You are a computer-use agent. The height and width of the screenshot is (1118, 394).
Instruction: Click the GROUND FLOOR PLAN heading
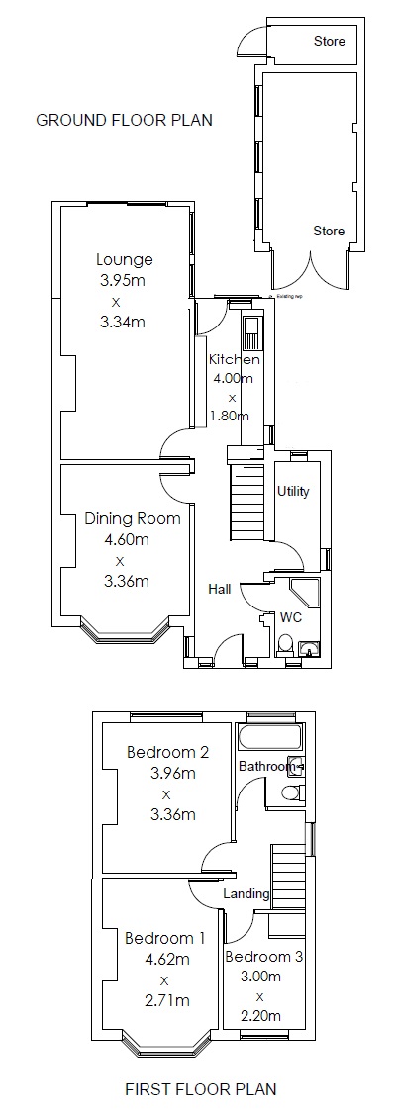[124, 120]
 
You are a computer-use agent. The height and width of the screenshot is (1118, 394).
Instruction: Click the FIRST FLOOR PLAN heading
[200, 1089]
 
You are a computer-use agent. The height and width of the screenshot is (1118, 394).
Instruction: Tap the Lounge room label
[125, 260]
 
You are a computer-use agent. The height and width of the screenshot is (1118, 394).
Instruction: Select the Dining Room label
[132, 519]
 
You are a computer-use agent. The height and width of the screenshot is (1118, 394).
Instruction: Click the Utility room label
[294, 492]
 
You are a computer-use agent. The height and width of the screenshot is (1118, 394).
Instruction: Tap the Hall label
[220, 589]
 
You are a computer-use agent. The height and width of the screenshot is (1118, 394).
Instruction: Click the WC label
[291, 615]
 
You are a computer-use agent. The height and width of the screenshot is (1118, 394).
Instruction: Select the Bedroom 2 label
[167, 753]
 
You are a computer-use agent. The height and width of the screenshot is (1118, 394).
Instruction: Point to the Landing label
[246, 893]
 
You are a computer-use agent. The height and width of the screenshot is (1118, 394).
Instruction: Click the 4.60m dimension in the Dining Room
[126, 540]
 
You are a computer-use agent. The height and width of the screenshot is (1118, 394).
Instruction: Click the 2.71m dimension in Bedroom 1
[165, 1000]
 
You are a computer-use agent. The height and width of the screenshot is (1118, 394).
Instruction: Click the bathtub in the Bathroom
[267, 738]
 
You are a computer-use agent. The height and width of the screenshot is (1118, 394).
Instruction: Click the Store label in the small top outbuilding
[329, 42]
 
